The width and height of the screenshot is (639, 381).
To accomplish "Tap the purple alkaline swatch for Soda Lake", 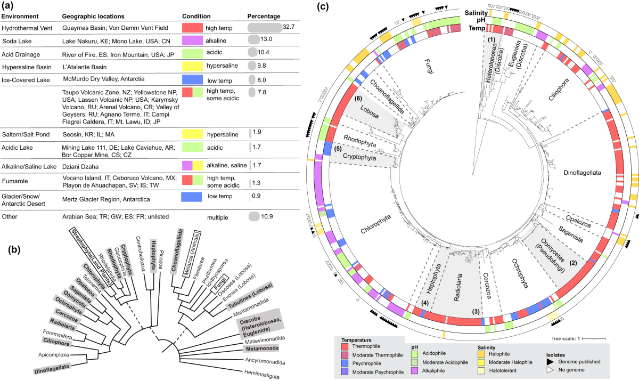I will click(192, 40).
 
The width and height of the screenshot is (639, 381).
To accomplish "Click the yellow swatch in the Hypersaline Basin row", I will click(192, 67).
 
